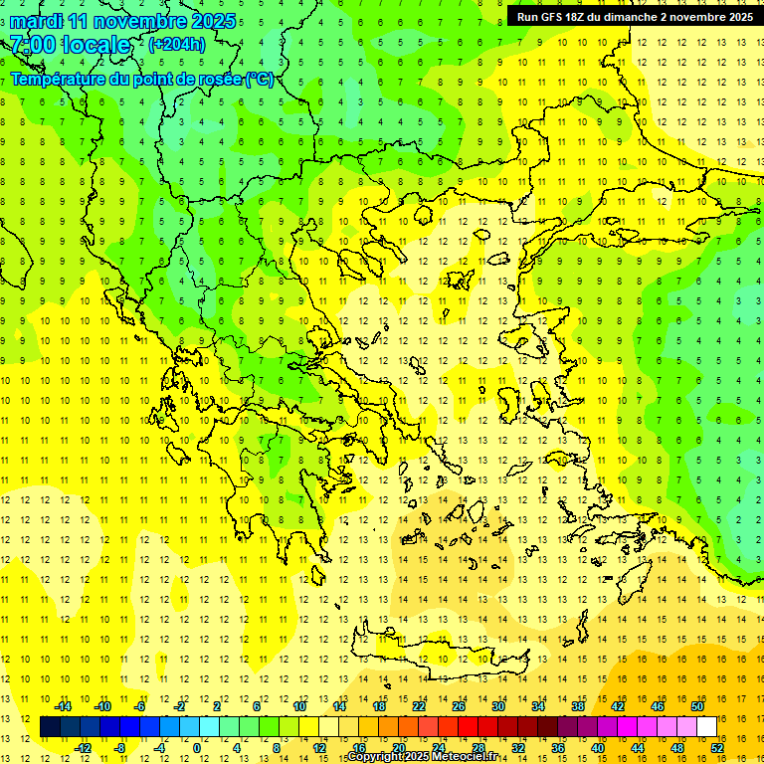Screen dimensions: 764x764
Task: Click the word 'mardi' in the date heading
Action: tap(36, 21)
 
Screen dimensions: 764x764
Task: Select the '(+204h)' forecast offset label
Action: tap(176, 44)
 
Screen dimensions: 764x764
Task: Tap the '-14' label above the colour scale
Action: tap(63, 706)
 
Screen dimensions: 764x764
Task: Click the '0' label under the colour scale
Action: tap(196, 748)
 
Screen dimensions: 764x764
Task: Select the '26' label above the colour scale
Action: tap(459, 706)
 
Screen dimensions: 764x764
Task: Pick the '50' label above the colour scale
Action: tap(697, 706)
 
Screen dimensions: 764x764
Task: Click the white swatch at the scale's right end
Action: tap(707, 727)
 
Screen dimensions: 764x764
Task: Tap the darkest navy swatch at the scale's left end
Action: tap(50, 727)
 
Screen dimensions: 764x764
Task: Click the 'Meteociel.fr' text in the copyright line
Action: tap(465, 757)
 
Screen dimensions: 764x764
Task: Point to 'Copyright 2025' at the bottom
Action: tap(388, 757)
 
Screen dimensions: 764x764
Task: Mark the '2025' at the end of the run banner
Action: tap(737, 17)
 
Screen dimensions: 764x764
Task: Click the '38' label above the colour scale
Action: tap(578, 706)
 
